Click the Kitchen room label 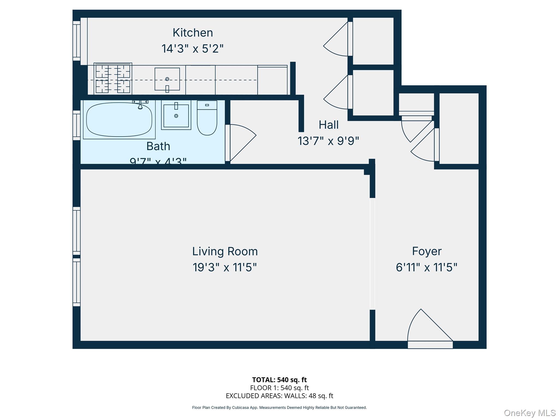193,33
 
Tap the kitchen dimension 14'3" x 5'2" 192,49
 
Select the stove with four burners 113,79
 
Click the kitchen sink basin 167,79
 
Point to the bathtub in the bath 119,119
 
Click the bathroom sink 176,116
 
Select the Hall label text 329,125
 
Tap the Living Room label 225,251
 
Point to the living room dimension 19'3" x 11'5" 225,267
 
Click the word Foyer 427,251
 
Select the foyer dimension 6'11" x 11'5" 426,267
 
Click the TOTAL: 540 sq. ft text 279,380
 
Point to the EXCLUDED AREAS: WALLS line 279,396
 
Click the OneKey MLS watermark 530,413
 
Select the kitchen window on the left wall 77,41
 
